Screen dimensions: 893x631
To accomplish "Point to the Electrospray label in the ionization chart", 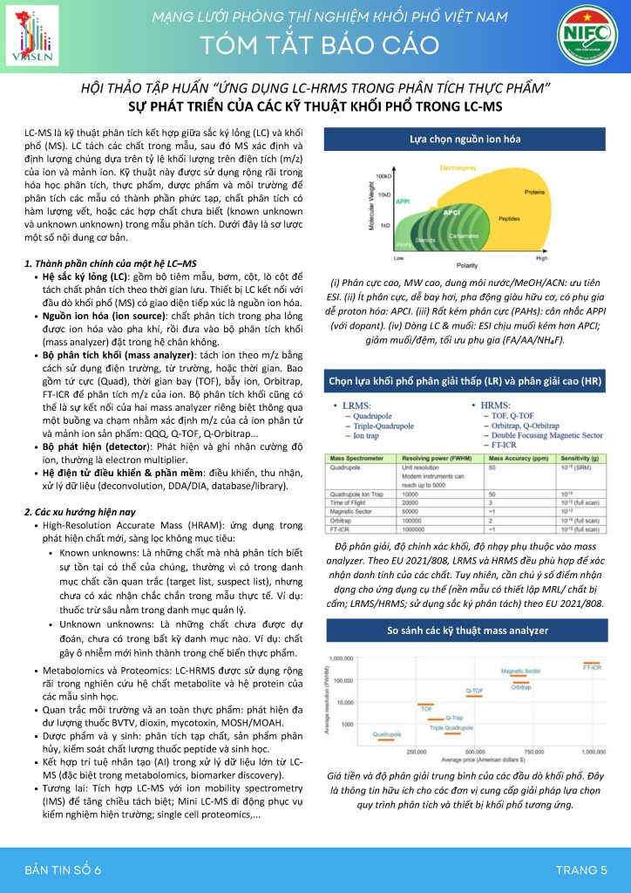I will click(458, 166).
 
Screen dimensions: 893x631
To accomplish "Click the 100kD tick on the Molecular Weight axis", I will click(383, 175).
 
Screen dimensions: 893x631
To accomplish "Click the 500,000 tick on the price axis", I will click(475, 751).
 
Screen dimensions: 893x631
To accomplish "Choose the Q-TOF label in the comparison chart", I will click(474, 690).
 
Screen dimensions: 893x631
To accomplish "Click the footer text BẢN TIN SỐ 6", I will click(64, 869).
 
